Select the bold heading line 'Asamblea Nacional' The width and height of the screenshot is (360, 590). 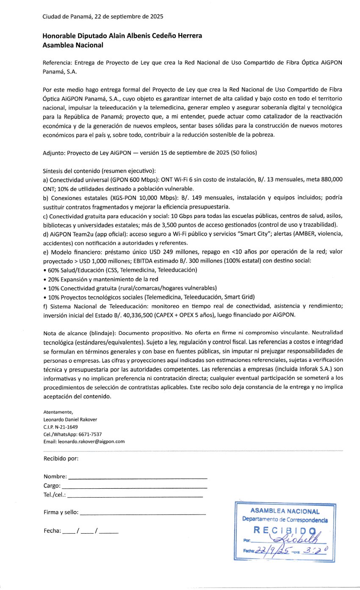[73, 45]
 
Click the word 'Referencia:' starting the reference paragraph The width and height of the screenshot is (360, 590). [57, 62]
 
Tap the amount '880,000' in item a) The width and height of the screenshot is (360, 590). [331, 180]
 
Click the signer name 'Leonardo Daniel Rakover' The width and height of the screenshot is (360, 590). [70, 420]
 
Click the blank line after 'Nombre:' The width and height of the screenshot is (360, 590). [138, 477]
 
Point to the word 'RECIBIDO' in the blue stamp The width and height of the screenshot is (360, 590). [285, 530]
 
